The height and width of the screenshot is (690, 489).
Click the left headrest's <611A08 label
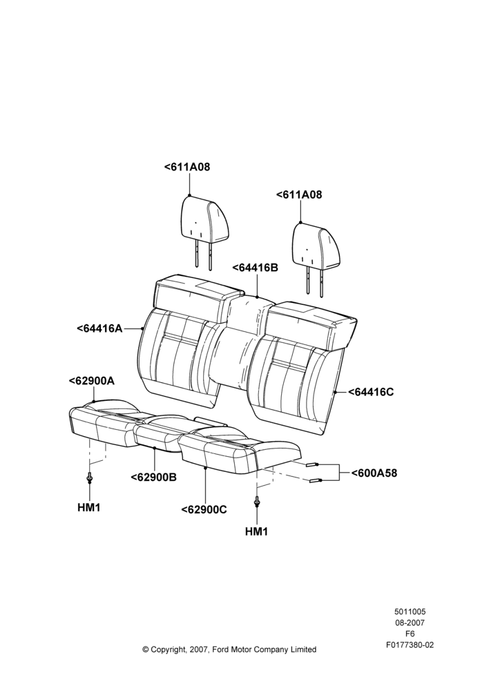coord(187,167)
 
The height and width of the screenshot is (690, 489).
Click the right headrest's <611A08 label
coord(299,195)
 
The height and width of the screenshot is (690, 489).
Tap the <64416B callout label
coord(255,267)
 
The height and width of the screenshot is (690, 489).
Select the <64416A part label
coord(99,328)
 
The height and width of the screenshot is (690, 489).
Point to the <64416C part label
coord(371,392)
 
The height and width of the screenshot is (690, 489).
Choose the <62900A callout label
coord(92,381)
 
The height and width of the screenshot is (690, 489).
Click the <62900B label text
coord(154,477)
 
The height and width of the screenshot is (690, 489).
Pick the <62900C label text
coord(204,510)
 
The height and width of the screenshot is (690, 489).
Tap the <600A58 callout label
coord(374,473)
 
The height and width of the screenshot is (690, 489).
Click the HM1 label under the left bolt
coord(89,507)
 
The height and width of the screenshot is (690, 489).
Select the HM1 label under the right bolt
coord(256,531)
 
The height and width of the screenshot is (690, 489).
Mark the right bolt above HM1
coord(256,502)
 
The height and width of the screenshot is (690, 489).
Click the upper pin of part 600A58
coord(311,464)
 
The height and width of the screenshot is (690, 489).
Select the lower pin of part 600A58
coord(316,480)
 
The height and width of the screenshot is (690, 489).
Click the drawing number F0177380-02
coord(410,645)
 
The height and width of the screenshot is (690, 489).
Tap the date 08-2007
coord(410,622)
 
